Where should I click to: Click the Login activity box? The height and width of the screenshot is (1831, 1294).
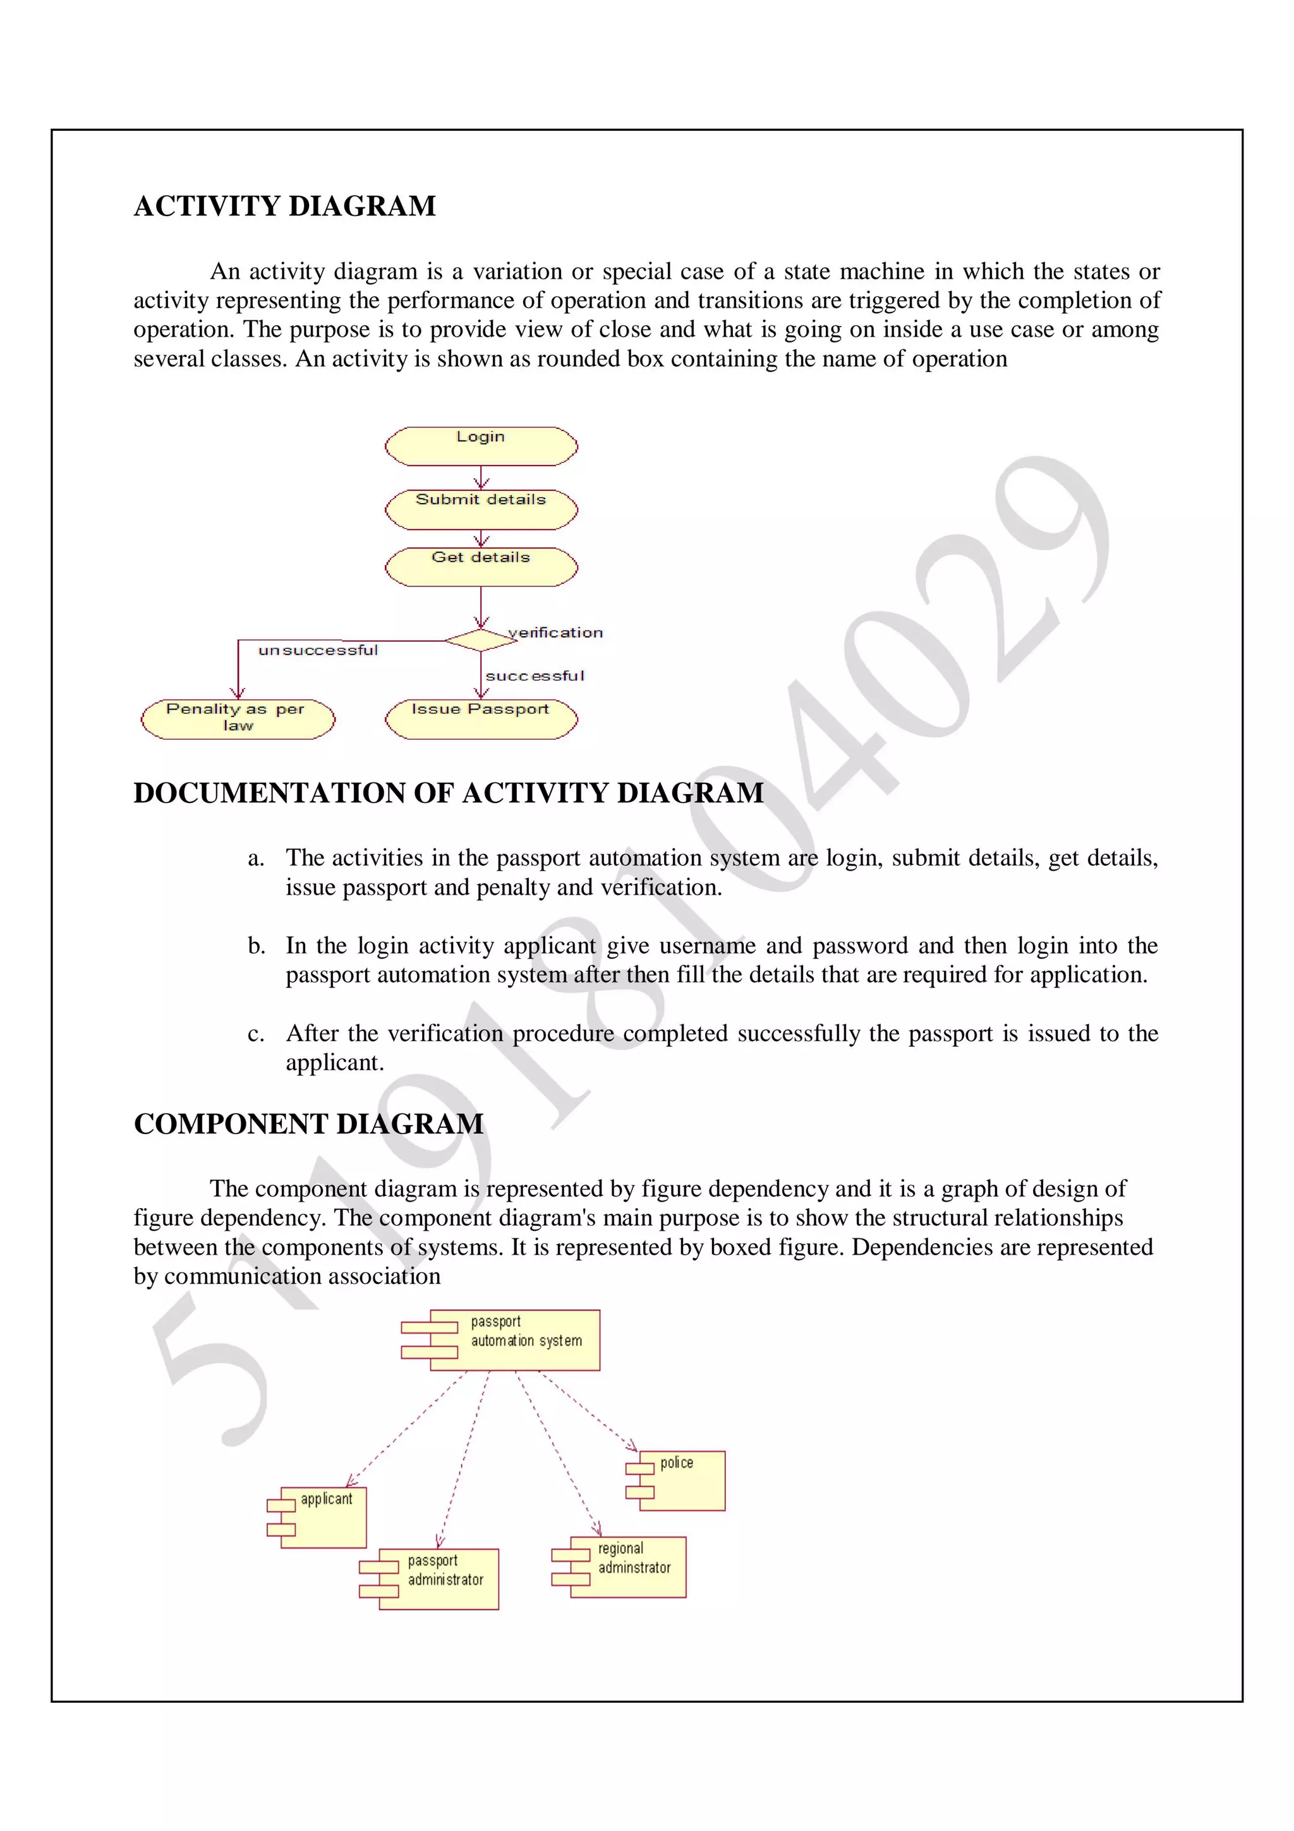coord(481,446)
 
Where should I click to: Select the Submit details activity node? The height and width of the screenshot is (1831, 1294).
coord(481,509)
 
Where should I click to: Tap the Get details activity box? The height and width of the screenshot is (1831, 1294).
coord(481,566)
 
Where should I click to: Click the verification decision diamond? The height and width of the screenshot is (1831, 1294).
coord(481,639)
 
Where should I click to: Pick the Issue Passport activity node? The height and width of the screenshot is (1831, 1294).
coord(481,718)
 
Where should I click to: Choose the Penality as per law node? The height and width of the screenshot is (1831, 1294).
coord(238,718)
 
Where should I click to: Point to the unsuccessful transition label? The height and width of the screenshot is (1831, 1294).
coord(318,651)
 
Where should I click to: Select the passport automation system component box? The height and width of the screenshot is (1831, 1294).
coord(514,1339)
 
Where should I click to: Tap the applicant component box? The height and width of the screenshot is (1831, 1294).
coord(323,1517)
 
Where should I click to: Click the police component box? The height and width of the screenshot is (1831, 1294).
coord(681,1480)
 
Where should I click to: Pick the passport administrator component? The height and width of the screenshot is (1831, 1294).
coord(438,1579)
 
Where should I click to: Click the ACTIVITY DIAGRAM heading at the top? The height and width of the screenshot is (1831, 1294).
coord(284,206)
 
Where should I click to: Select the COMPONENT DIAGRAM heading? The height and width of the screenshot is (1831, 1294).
coord(308,1123)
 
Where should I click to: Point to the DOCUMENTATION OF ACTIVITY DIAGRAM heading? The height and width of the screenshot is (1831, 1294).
coord(448,793)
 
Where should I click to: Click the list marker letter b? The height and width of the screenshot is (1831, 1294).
coord(256,946)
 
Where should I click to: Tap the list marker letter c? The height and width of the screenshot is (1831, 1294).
coord(255,1034)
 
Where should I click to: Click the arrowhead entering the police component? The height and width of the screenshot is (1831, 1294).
coord(631,1445)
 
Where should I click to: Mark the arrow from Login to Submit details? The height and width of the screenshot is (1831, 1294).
coord(481,477)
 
